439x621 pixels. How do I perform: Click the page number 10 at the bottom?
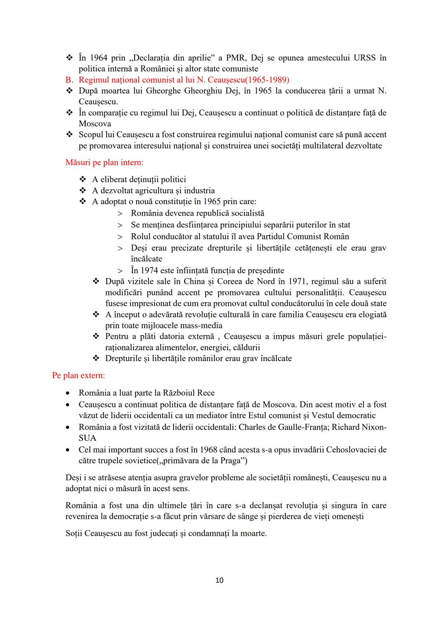[219, 580]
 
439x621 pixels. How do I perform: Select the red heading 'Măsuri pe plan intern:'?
[104, 163]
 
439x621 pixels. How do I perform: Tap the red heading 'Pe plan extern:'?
[78, 375]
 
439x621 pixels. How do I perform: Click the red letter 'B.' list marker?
[69, 80]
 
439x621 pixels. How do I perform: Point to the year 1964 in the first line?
[99, 58]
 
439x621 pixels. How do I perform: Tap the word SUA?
[87, 438]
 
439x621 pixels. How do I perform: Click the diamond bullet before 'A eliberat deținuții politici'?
[83, 179]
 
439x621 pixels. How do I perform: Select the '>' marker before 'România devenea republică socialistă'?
[120, 214]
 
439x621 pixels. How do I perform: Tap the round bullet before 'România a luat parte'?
[69, 393]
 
